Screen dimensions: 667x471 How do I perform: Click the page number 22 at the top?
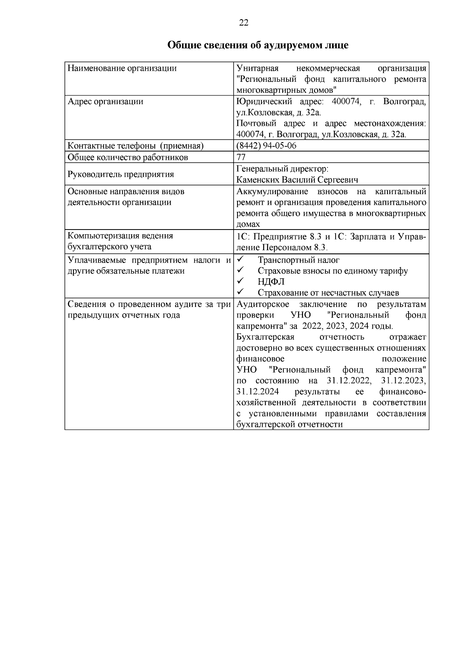click(243, 23)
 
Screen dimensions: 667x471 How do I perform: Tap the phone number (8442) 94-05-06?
click(266, 146)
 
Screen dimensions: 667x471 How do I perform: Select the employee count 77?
click(241, 157)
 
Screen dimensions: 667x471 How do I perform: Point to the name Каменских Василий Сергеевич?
click(297, 180)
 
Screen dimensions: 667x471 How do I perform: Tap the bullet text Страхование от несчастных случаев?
click(328, 293)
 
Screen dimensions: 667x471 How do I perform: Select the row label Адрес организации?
click(105, 101)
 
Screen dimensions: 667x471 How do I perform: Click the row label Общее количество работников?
click(128, 157)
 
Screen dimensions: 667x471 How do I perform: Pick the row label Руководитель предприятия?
click(120, 174)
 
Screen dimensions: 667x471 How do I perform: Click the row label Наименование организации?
click(122, 68)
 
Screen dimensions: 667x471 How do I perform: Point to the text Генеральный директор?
click(282, 169)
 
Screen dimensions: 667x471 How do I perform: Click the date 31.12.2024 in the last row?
click(258, 392)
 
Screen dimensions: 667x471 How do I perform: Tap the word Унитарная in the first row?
click(257, 68)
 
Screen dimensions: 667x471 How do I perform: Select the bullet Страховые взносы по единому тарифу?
click(332, 271)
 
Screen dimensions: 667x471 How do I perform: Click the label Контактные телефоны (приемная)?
click(135, 146)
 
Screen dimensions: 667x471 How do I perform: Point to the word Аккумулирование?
click(272, 192)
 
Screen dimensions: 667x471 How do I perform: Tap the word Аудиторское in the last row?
click(263, 304)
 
